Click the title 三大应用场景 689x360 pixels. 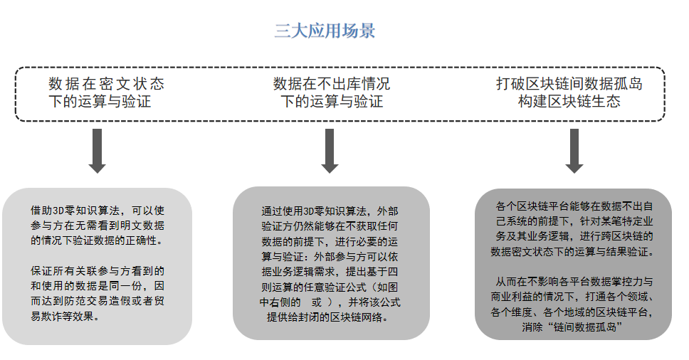coord(325,31)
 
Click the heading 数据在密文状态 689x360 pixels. coord(106,83)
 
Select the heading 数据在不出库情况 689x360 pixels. coord(331,83)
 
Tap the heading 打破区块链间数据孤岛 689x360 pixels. coord(569,83)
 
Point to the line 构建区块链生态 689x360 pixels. coord(569,102)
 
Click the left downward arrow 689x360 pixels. coord(97,151)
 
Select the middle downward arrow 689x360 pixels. coord(330,151)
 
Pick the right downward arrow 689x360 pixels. coord(574,151)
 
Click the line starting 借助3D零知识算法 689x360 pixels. coord(97,211)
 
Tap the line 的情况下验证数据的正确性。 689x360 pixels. coord(96,240)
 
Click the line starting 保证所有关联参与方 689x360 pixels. coord(97,271)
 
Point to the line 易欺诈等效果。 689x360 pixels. coord(65,316)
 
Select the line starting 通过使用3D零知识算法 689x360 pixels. coord(330,211)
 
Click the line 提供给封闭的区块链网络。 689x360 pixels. coord(328,317)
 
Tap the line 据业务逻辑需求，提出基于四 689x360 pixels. coord(330,272)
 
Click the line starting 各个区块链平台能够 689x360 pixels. coord(574,206)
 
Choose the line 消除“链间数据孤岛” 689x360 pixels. coord(572,327)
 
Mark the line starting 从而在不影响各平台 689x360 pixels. coord(574,282)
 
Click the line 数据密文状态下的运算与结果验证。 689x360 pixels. coord(572,252)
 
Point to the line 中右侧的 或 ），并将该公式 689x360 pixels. coord(330,302)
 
